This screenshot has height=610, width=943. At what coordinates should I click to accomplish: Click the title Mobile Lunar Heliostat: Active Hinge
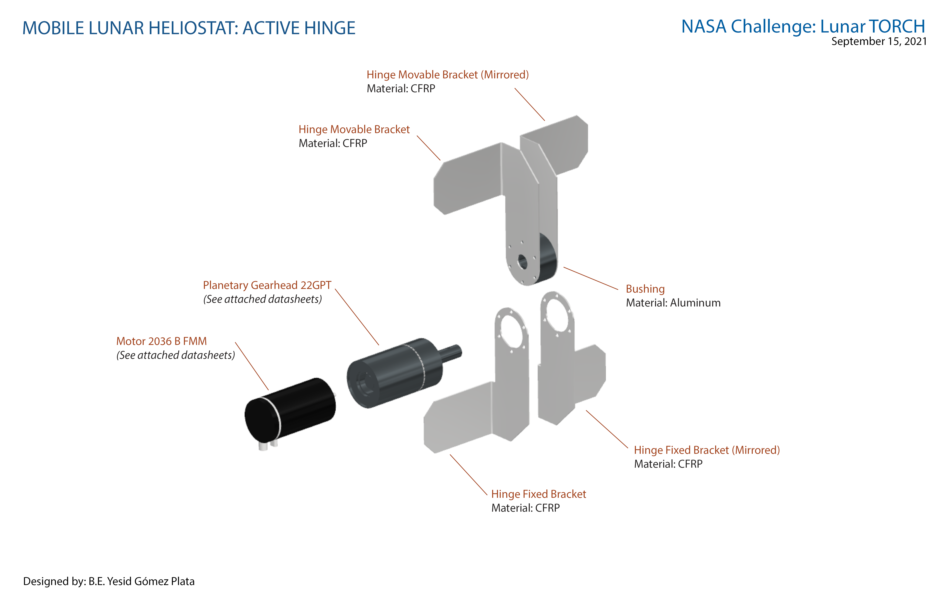pos(189,28)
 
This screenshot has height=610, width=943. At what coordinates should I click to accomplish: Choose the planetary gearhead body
pos(396,372)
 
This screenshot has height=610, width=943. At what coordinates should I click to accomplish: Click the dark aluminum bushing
pos(547,260)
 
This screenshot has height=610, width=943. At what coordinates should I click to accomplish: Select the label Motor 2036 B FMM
pos(161,341)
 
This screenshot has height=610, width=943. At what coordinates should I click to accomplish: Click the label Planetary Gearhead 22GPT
pos(267,285)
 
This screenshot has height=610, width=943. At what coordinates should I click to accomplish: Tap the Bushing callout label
pos(645,289)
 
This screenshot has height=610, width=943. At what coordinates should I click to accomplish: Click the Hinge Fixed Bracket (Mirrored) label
pos(707,450)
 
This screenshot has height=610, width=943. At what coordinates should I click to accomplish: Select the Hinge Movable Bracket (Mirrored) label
pos(447,74)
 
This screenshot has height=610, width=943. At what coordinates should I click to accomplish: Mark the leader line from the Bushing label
pos(590,278)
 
